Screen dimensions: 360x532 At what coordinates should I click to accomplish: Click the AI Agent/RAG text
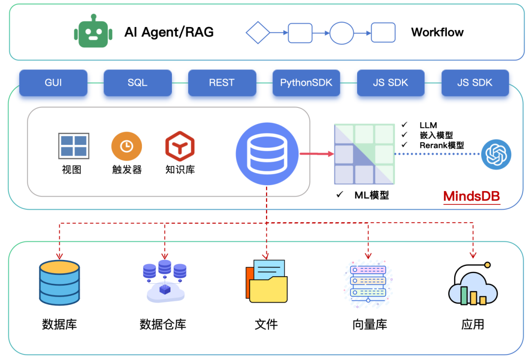169,33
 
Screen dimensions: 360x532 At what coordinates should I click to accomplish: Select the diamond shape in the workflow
258,33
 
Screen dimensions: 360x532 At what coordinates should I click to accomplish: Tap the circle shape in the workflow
341,33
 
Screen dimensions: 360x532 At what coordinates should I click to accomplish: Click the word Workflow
437,33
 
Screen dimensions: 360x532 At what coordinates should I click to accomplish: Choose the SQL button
137,83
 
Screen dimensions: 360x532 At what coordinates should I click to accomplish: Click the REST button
222,83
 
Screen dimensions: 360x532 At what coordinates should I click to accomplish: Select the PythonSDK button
306,83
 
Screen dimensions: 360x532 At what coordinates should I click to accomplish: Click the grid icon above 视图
73,146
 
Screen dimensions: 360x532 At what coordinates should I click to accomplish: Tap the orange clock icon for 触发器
127,146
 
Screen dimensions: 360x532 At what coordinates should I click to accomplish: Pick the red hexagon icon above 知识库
180,146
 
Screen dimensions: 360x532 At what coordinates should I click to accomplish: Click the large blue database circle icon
267,154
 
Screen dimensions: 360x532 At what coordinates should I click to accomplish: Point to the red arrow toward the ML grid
316,154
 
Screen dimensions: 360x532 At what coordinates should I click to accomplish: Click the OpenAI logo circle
496,154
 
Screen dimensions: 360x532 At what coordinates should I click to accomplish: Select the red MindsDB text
471,196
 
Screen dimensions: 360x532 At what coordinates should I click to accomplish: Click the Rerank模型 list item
441,145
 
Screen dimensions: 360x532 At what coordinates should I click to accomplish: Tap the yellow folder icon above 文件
266,282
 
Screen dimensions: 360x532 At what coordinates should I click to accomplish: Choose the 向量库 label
369,325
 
